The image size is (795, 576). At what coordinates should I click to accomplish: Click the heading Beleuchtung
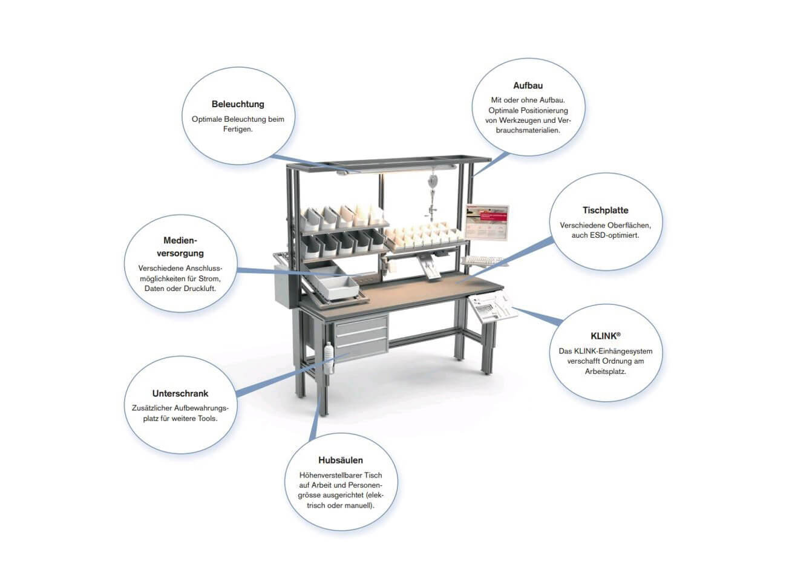238,104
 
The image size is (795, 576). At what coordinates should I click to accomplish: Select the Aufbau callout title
528,85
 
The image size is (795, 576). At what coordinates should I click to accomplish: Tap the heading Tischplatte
605,210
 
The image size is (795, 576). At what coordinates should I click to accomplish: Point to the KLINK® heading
606,336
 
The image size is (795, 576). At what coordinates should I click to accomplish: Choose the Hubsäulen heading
341,460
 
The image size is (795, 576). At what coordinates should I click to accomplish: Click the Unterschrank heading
180,393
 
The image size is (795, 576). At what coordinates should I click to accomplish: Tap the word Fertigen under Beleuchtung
238,129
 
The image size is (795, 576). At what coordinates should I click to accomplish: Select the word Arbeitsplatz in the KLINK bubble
606,371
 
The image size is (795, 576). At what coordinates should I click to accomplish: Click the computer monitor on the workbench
487,222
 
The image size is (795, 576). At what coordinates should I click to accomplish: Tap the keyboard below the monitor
482,261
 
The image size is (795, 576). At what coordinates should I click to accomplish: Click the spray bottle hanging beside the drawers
330,358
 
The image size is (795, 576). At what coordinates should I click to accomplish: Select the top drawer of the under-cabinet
360,324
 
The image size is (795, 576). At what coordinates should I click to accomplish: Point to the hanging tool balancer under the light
431,198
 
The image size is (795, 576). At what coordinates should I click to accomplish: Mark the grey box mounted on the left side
284,286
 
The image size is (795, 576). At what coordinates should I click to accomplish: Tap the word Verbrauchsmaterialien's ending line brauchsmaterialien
528,130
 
